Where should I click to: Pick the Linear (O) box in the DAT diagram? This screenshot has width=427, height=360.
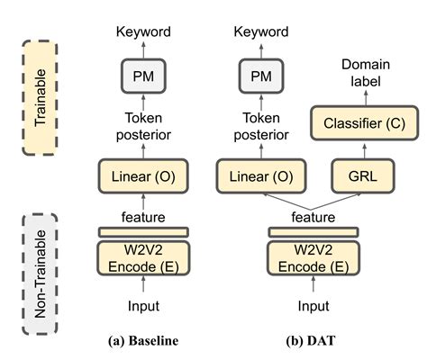(x=255, y=174)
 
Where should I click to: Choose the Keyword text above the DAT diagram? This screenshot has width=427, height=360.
(x=255, y=32)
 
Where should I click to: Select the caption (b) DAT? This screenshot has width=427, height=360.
(x=308, y=341)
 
